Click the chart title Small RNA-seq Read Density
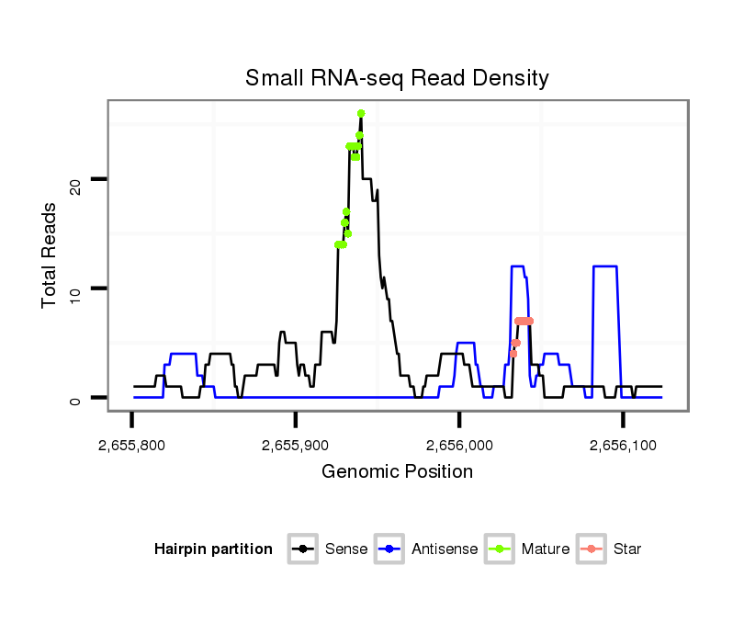pyautogui.click(x=397, y=78)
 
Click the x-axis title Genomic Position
pyautogui.click(x=397, y=472)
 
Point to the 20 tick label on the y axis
pyautogui.click(x=76, y=180)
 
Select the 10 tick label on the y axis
pyautogui.click(x=76, y=289)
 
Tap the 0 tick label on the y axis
pyautogui.click(x=76, y=399)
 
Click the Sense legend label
pyautogui.click(x=346, y=549)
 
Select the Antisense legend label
pyautogui.click(x=445, y=549)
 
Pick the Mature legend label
pyautogui.click(x=546, y=549)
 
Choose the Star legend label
pyautogui.click(x=627, y=549)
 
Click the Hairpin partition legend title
pyautogui.click(x=213, y=549)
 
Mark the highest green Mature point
pyautogui.click(x=361, y=113)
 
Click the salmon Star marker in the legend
pyautogui.click(x=592, y=549)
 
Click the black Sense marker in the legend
pyautogui.click(x=304, y=549)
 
